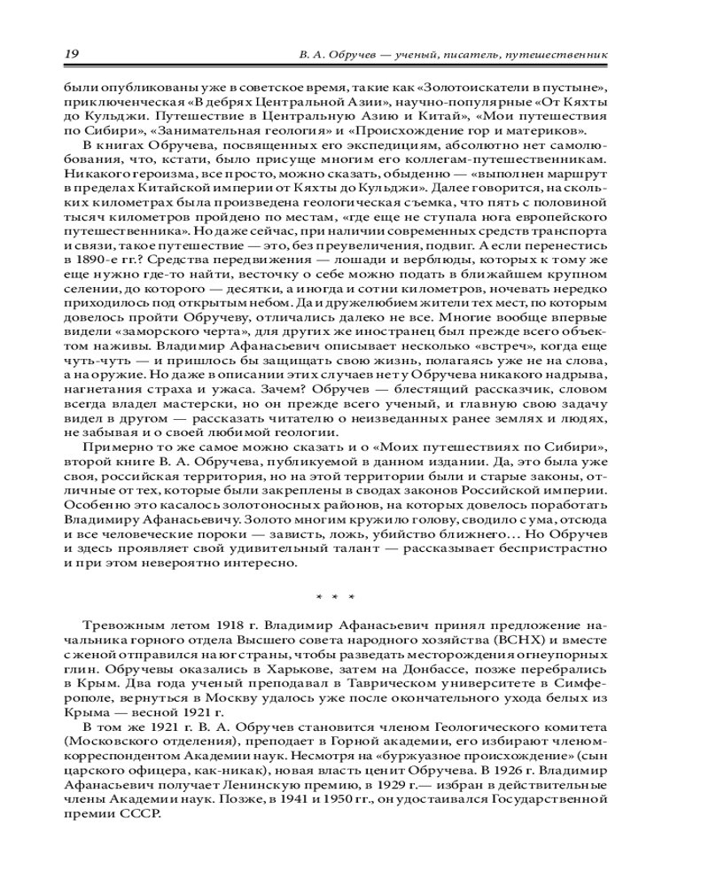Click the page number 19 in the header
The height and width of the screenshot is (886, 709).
pyautogui.click(x=71, y=55)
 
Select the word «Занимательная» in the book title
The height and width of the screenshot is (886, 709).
pyautogui.click(x=179, y=129)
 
